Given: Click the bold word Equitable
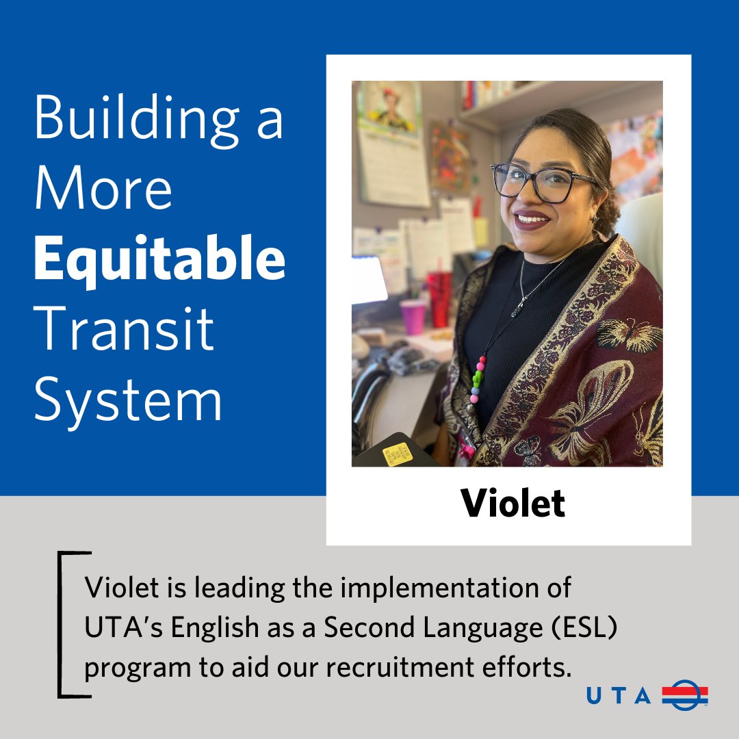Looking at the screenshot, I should pos(159,259).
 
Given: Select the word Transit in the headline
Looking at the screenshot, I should pos(124,329).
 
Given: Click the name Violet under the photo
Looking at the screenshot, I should pos(513,504).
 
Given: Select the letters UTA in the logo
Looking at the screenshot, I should pos(618,696).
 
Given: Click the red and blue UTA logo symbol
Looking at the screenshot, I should pos(684,695).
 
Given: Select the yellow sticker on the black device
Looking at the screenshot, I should pos(397,454).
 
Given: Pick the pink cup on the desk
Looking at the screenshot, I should pos(413,317).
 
